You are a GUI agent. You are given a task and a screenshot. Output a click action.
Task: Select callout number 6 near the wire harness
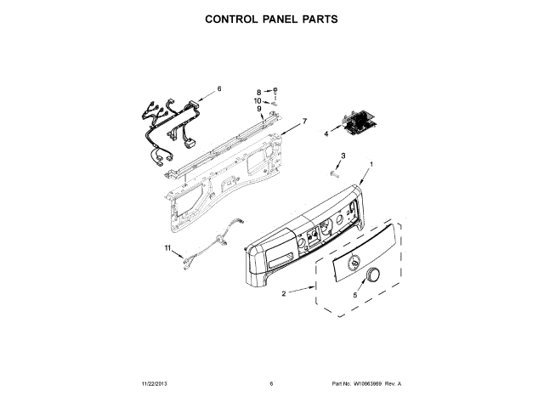tap(218, 88)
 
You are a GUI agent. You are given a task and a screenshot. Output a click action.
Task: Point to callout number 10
tap(258, 100)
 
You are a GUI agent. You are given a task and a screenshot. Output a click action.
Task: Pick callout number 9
tap(258, 109)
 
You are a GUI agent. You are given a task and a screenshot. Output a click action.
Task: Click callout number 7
tap(303, 121)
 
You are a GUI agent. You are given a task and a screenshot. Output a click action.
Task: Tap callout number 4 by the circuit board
tap(326, 133)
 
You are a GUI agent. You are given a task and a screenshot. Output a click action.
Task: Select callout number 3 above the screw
tap(343, 156)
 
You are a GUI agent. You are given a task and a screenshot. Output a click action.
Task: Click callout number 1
tap(371, 163)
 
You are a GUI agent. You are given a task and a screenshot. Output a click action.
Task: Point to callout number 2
tap(282, 294)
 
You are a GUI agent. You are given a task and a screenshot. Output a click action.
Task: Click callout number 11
tap(168, 247)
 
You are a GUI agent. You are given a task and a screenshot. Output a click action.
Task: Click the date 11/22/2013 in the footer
tap(157, 384)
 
